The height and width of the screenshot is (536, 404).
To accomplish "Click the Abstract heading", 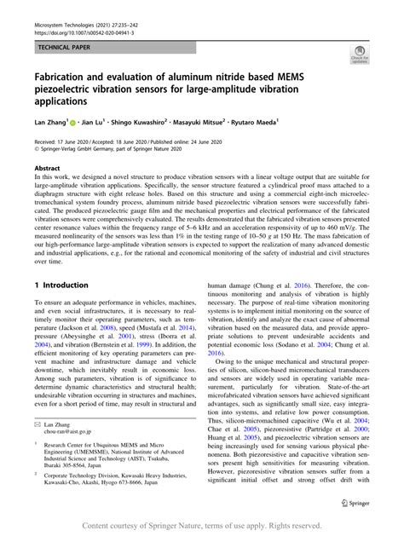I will pyautogui.click(x=49, y=170).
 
